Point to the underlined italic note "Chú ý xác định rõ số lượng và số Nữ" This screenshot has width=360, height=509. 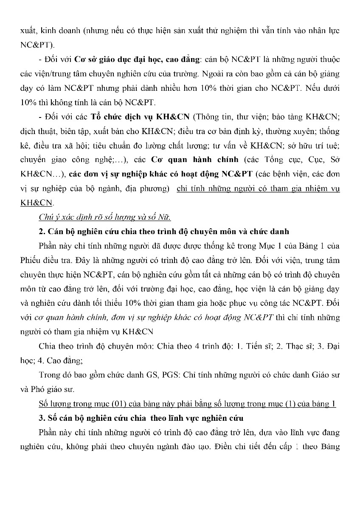pyautogui.click(x=104, y=218)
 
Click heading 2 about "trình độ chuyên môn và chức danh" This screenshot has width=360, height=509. pyautogui.click(x=163, y=232)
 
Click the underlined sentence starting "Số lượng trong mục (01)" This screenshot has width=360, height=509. pyautogui.click(x=187, y=403)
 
